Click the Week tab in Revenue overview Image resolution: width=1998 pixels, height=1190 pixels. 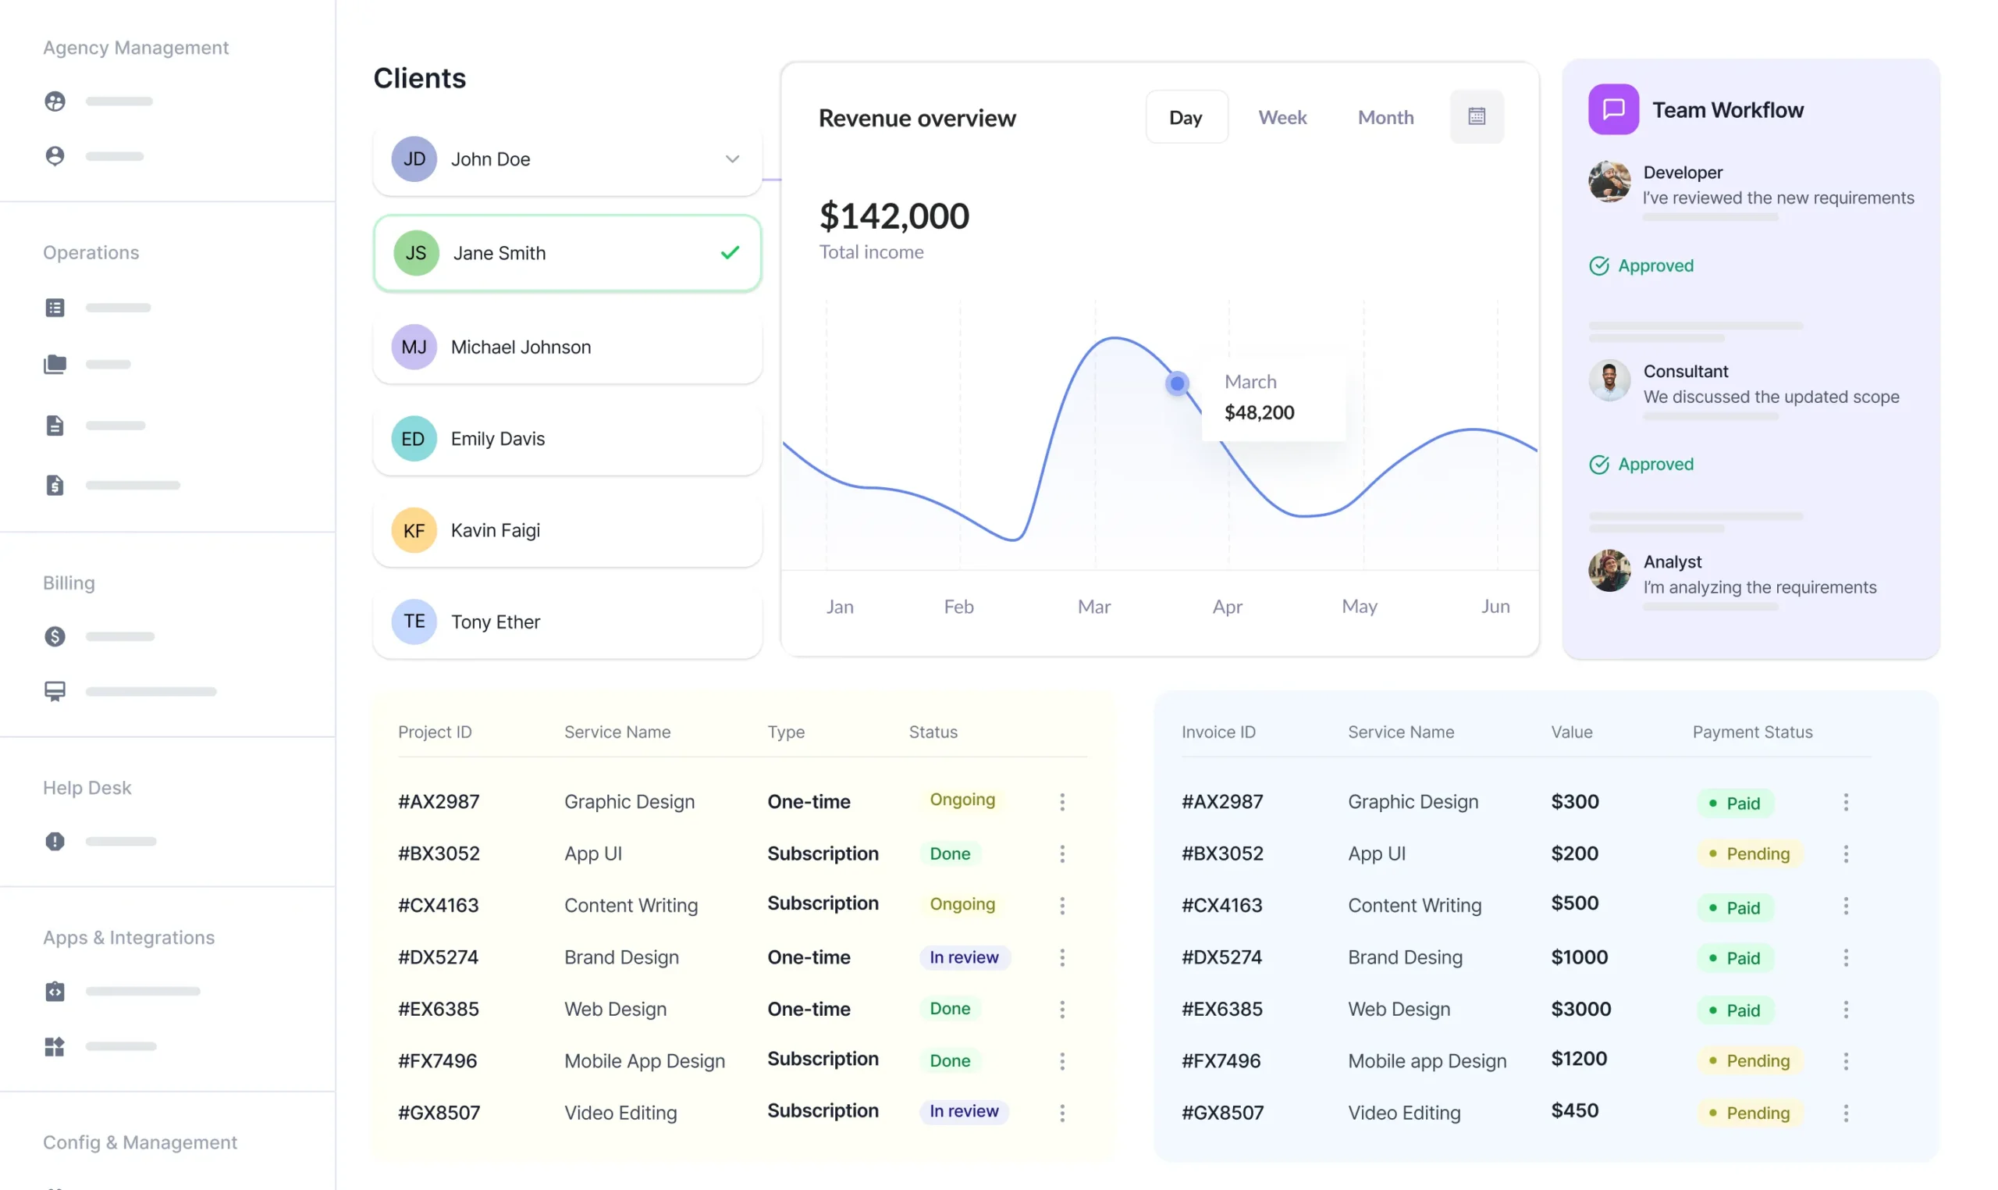click(x=1282, y=118)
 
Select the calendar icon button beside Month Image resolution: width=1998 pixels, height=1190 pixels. click(x=1477, y=117)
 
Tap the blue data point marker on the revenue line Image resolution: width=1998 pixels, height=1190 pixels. click(x=1176, y=384)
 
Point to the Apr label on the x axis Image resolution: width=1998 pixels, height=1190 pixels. click(x=1227, y=607)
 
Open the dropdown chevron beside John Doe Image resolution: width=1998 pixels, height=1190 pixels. click(x=732, y=159)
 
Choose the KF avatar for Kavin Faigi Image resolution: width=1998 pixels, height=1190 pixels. click(x=414, y=531)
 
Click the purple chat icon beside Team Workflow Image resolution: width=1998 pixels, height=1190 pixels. click(x=1612, y=110)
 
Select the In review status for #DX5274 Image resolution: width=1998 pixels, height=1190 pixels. click(x=963, y=957)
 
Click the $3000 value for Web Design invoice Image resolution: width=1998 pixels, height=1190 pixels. click(x=1580, y=1009)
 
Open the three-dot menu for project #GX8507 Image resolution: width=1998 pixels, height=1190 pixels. click(x=1062, y=1113)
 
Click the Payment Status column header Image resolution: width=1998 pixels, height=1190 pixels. click(x=1751, y=732)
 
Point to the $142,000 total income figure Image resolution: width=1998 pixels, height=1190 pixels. click(x=894, y=216)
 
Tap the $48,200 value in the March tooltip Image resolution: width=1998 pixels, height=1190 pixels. click(x=1258, y=413)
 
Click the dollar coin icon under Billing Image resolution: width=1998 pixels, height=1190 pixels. click(x=55, y=636)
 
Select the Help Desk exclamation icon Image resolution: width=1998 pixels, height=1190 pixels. click(x=55, y=841)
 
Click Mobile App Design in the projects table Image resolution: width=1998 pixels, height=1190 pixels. click(x=644, y=1061)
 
